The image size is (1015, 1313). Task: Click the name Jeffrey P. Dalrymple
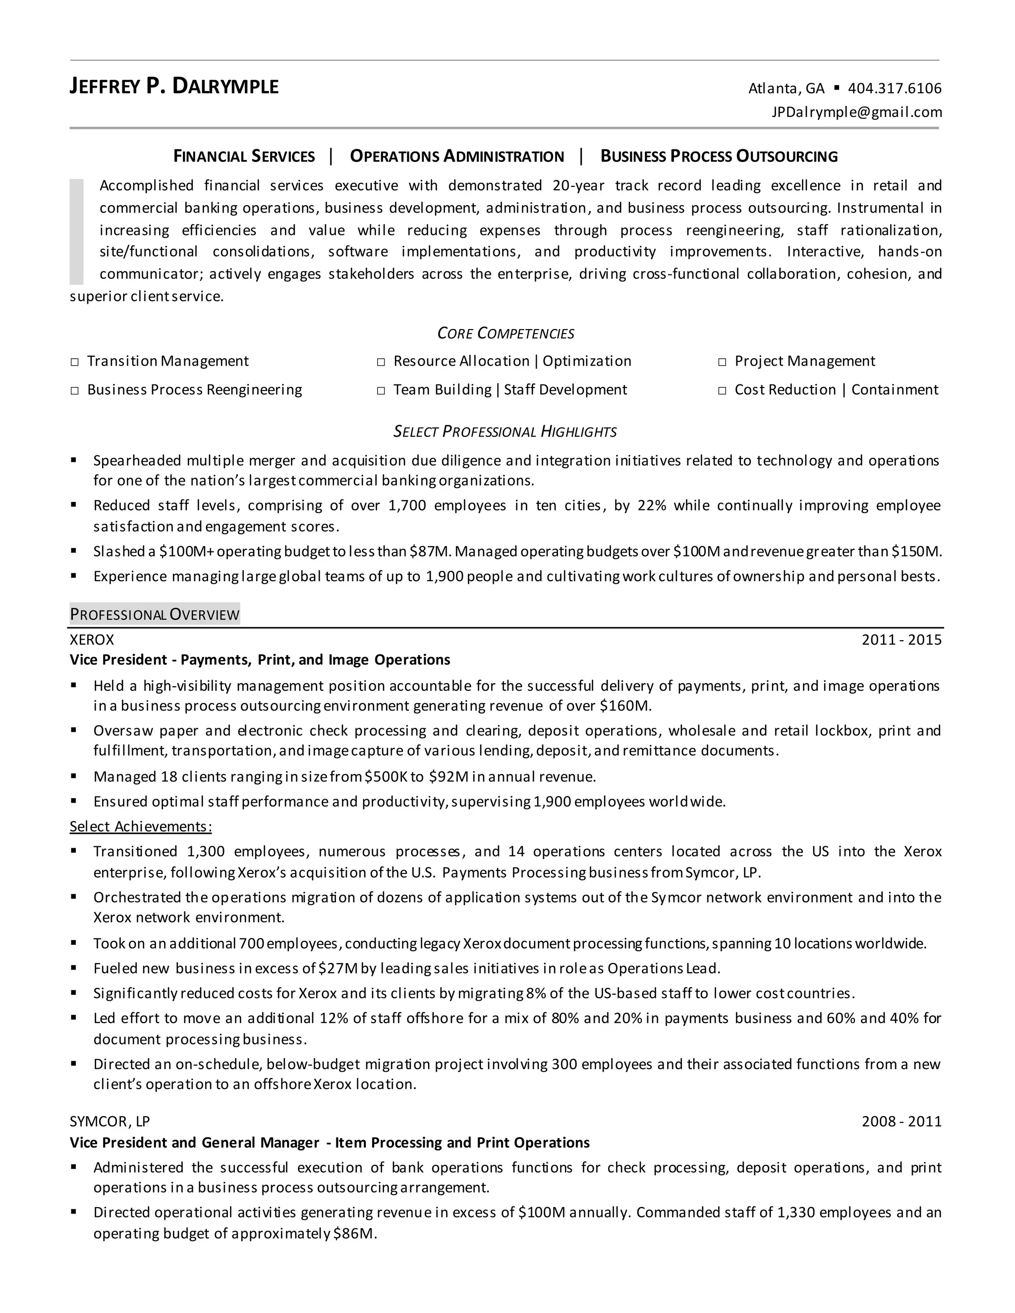(174, 87)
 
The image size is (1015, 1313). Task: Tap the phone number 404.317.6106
(894, 88)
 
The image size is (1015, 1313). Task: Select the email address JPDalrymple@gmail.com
(856, 112)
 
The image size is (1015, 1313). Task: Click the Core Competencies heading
(505, 333)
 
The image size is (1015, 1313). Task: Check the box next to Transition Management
(74, 362)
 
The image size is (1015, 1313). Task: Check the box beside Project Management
(722, 362)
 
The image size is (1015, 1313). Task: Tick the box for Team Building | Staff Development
(381, 391)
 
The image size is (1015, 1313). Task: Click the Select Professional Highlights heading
(505, 432)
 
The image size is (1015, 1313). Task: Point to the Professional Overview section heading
(155, 614)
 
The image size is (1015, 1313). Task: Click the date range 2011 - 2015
(901, 640)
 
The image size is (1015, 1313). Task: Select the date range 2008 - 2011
(901, 1121)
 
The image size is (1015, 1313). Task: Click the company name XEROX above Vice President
(91, 640)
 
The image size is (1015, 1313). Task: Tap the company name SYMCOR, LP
(110, 1121)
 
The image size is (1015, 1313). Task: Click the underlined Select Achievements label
(141, 826)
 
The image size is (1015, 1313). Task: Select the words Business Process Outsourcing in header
(719, 156)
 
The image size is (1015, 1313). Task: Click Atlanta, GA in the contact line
(786, 88)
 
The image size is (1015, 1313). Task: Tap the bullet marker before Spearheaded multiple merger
(74, 460)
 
